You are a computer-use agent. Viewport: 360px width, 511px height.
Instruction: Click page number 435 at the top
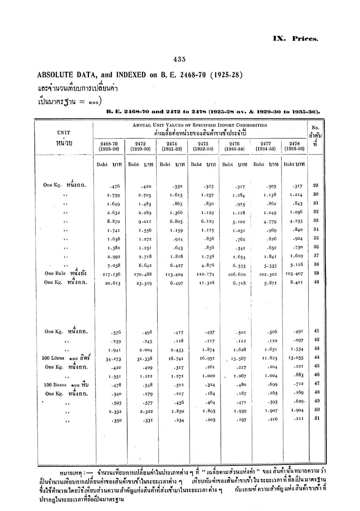click(x=179, y=60)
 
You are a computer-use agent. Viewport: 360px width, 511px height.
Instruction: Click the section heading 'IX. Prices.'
click(x=295, y=39)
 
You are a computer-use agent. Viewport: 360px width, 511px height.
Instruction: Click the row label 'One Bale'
click(x=55, y=273)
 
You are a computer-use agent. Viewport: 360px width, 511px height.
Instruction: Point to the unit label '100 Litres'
click(x=53, y=358)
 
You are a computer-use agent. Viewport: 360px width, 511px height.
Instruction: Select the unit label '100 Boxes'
click(x=55, y=385)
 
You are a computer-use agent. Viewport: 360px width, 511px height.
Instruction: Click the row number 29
click(x=316, y=185)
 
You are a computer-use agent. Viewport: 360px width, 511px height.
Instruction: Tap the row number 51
click(x=317, y=418)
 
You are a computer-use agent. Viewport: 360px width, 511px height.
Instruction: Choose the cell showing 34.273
click(x=113, y=359)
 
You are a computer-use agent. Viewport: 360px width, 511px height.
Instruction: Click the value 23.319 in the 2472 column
click(x=144, y=283)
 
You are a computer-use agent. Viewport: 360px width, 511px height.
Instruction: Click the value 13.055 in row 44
click(x=297, y=358)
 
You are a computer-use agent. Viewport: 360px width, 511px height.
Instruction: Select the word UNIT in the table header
click(x=63, y=133)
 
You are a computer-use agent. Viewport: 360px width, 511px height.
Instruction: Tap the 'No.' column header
click(x=315, y=128)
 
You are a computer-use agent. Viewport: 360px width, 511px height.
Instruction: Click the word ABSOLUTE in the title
click(x=55, y=75)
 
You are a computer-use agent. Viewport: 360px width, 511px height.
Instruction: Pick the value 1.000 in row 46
click(x=209, y=376)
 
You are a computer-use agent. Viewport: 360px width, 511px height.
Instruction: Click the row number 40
click(x=316, y=282)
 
